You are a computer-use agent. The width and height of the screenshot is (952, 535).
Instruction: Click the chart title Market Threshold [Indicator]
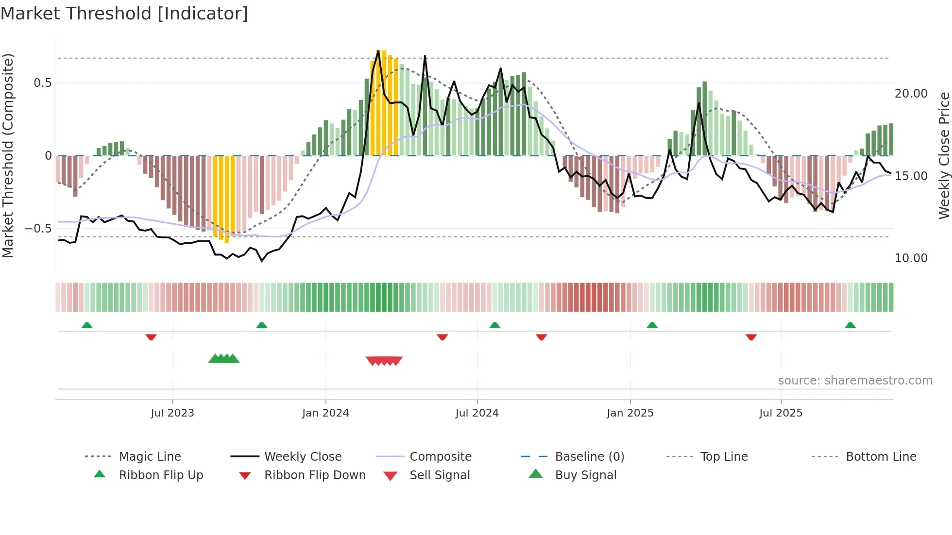coord(124,14)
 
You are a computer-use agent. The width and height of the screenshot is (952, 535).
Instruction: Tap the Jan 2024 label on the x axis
coord(325,413)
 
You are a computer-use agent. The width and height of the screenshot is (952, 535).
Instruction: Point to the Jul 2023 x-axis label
coord(172,413)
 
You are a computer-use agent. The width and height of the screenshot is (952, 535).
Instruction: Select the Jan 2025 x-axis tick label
coord(630,413)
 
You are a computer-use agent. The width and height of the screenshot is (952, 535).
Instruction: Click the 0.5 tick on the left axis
coord(43,83)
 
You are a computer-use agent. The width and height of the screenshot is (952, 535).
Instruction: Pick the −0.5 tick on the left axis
coord(38,229)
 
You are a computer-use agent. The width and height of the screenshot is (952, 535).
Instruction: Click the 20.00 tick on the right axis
coord(911,94)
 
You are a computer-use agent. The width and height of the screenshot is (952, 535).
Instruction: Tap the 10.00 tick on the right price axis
coord(911,258)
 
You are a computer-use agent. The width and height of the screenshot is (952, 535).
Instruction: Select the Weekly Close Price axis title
coord(944,155)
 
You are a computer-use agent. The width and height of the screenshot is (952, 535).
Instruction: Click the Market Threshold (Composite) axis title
coord(8,155)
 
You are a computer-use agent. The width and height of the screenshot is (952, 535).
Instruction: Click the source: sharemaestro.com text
coord(855,381)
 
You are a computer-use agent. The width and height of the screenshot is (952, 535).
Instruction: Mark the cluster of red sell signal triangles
coord(384,361)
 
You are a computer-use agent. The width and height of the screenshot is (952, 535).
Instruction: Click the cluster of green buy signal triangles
coord(224,359)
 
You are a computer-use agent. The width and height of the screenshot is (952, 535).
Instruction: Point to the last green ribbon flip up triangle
coord(850,325)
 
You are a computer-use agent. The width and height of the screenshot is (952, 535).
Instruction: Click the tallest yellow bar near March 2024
coord(378,102)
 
